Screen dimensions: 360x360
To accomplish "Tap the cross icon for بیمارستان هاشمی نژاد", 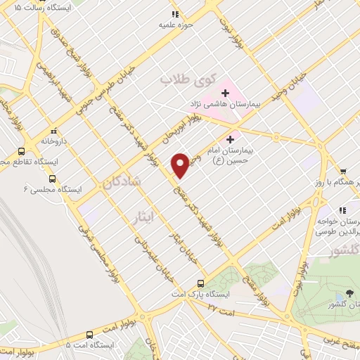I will coord(226,91).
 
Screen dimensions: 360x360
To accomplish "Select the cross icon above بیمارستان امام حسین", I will coord(230,139).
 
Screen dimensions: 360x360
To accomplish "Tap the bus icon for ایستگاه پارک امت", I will coord(202,282).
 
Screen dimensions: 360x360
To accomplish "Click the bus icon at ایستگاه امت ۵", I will coord(120,345).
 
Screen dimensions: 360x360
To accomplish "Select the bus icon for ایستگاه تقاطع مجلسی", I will coord(21,151).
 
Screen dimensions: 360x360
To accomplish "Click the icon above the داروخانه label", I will coord(53,130).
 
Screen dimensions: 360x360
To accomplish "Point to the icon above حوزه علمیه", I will coord(174,13).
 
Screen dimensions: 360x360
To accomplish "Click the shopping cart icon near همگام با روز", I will coord(343,171).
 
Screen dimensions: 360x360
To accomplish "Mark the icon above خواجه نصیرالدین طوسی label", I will coord(342,210).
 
